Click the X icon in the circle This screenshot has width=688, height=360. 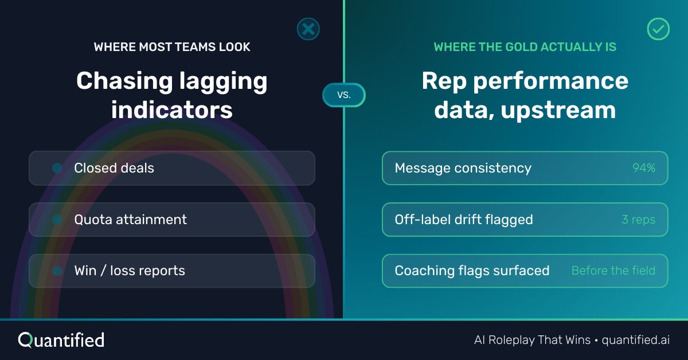click(308, 29)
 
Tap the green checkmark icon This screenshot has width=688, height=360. click(658, 29)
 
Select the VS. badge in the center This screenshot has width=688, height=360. click(343, 95)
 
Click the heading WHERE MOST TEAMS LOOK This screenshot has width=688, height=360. click(172, 47)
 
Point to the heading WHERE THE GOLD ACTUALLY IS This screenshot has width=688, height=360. click(525, 47)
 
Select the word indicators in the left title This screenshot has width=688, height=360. click(172, 109)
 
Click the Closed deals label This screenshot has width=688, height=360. click(114, 168)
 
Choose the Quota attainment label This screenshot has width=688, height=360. click(130, 220)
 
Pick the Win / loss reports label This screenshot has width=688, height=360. click(130, 271)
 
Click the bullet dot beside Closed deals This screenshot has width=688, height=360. click(57, 168)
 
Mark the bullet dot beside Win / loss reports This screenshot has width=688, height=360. click(57, 271)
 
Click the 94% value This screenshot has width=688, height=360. click(643, 168)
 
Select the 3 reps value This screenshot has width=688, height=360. click(638, 220)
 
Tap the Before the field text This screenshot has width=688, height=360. click(613, 271)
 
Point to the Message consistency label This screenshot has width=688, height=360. click(463, 168)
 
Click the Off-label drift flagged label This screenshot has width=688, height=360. click(463, 220)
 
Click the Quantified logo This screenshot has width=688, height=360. click(61, 340)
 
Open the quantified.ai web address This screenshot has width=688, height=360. click(635, 340)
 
